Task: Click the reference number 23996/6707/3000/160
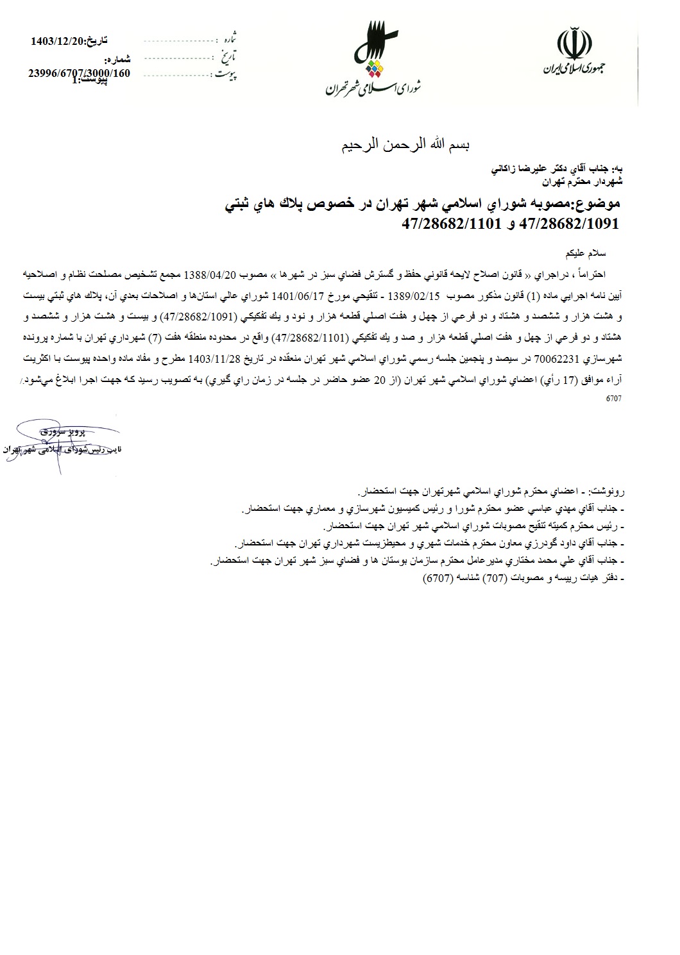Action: [78, 73]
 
